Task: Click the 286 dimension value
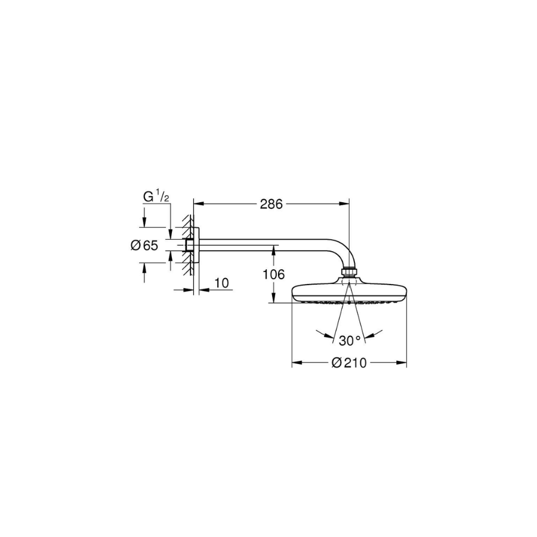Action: [271, 204]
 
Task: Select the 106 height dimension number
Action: [273, 274]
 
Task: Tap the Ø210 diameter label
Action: [349, 363]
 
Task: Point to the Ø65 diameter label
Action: [144, 245]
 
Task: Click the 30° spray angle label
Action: [350, 341]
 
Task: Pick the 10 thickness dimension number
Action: [221, 283]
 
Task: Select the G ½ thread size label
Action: [156, 196]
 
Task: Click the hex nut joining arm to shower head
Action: [349, 271]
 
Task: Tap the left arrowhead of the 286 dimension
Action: [199, 204]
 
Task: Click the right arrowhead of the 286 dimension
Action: [344, 204]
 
